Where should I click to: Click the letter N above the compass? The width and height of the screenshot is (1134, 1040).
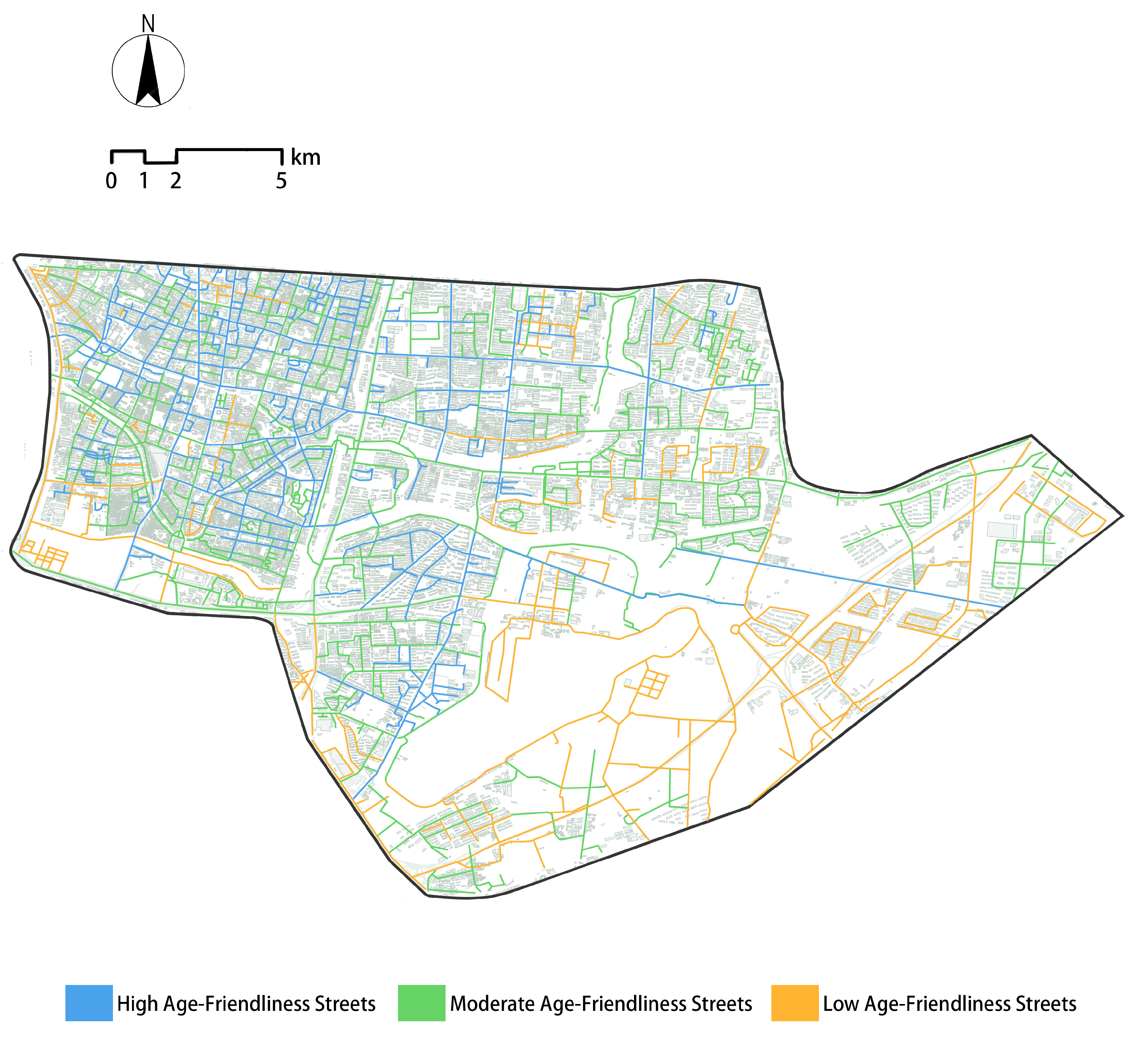point(148,24)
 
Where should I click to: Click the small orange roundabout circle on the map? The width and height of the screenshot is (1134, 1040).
point(734,629)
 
